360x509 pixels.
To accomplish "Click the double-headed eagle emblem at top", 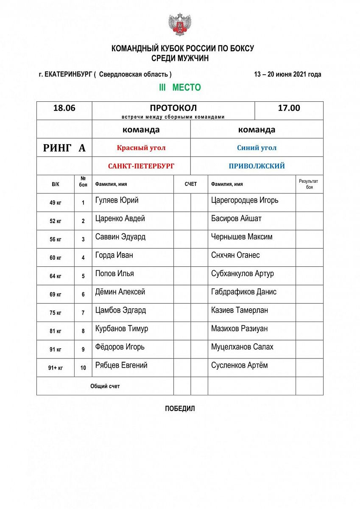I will point(180,24).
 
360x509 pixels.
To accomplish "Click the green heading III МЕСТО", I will point(180,88).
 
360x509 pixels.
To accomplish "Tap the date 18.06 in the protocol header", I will point(64,108).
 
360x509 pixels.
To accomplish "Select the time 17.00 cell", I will point(289,108).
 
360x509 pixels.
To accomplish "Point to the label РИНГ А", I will point(64,148).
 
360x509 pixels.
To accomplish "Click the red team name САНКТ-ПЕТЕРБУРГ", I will point(141,166).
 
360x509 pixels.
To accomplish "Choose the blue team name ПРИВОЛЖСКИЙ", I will point(257,166).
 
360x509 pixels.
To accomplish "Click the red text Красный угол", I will point(141,148).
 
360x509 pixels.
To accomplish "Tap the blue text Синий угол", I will point(257,148).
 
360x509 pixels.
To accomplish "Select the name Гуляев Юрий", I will point(117,200).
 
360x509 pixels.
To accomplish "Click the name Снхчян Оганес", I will point(235,255).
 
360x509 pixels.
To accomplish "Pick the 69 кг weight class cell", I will point(56,294).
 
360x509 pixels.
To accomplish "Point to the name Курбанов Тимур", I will point(122,329).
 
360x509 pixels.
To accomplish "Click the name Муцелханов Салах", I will point(242,347).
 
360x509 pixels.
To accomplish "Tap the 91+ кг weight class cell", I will point(56,368).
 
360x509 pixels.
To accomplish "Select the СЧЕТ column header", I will point(191,185).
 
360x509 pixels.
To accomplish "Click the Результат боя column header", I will point(309,184).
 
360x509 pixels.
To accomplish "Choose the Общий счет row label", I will point(105,386).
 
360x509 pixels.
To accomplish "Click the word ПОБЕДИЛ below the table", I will point(180,409).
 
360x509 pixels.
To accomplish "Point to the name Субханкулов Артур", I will point(243,274).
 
